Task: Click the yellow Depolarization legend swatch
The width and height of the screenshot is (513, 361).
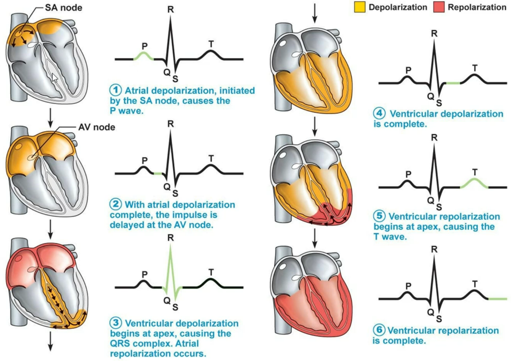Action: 360,7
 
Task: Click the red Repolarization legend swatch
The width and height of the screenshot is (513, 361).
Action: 439,7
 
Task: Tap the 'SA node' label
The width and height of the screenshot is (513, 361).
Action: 64,8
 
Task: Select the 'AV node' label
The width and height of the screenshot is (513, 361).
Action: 97,127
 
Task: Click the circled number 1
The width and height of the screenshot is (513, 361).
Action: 116,90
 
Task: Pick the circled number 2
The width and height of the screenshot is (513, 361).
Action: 116,205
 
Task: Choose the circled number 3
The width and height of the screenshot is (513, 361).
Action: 116,323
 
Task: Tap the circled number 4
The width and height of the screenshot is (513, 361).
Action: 379,114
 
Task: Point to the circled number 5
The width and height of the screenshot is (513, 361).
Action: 379,216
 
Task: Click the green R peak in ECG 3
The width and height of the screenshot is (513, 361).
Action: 171,253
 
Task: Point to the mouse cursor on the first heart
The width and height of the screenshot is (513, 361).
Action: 54,77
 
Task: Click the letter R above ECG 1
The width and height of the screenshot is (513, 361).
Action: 171,10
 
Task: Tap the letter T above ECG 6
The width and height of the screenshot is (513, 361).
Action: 475,284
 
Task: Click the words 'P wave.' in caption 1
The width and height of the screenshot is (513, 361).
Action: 127,111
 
